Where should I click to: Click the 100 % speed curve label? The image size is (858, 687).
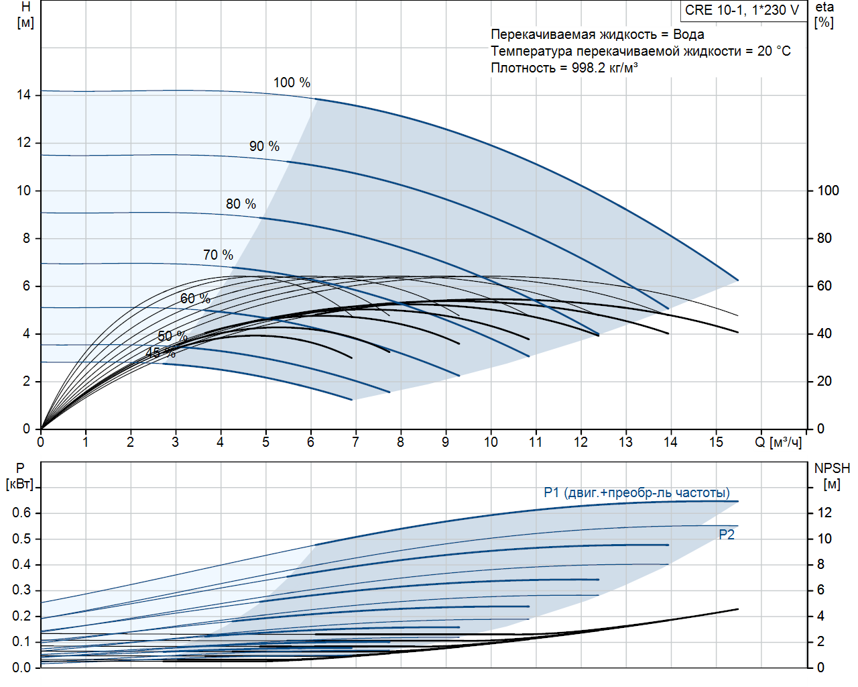pos(292,83)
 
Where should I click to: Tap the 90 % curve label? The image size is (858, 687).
pos(264,146)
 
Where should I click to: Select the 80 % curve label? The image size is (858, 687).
pos(241,204)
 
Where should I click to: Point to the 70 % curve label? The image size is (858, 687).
pos(218,255)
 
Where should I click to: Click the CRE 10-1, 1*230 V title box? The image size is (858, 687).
pos(741,10)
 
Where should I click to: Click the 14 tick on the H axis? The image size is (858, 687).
pos(24,95)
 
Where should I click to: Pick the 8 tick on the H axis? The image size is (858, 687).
pos(27,238)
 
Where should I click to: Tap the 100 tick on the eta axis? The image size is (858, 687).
pos(828,191)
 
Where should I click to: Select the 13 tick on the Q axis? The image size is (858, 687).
pos(625,442)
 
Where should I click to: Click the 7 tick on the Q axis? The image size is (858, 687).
pos(355,442)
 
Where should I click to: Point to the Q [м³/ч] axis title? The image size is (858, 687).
pos(778,442)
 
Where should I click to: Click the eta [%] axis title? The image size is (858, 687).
pos(824,14)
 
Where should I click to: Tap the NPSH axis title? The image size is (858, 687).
pos(832,469)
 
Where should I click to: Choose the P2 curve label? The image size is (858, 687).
pos(727,535)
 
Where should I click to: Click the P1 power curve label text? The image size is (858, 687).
pos(636,493)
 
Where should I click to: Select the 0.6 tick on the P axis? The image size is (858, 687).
pos(21,513)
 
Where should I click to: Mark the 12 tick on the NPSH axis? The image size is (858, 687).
pos(824,513)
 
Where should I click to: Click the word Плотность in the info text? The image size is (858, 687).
pos(523,68)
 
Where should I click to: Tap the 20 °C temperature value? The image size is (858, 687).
pos(774,51)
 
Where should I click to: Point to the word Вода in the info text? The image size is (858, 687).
pos(688,34)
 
